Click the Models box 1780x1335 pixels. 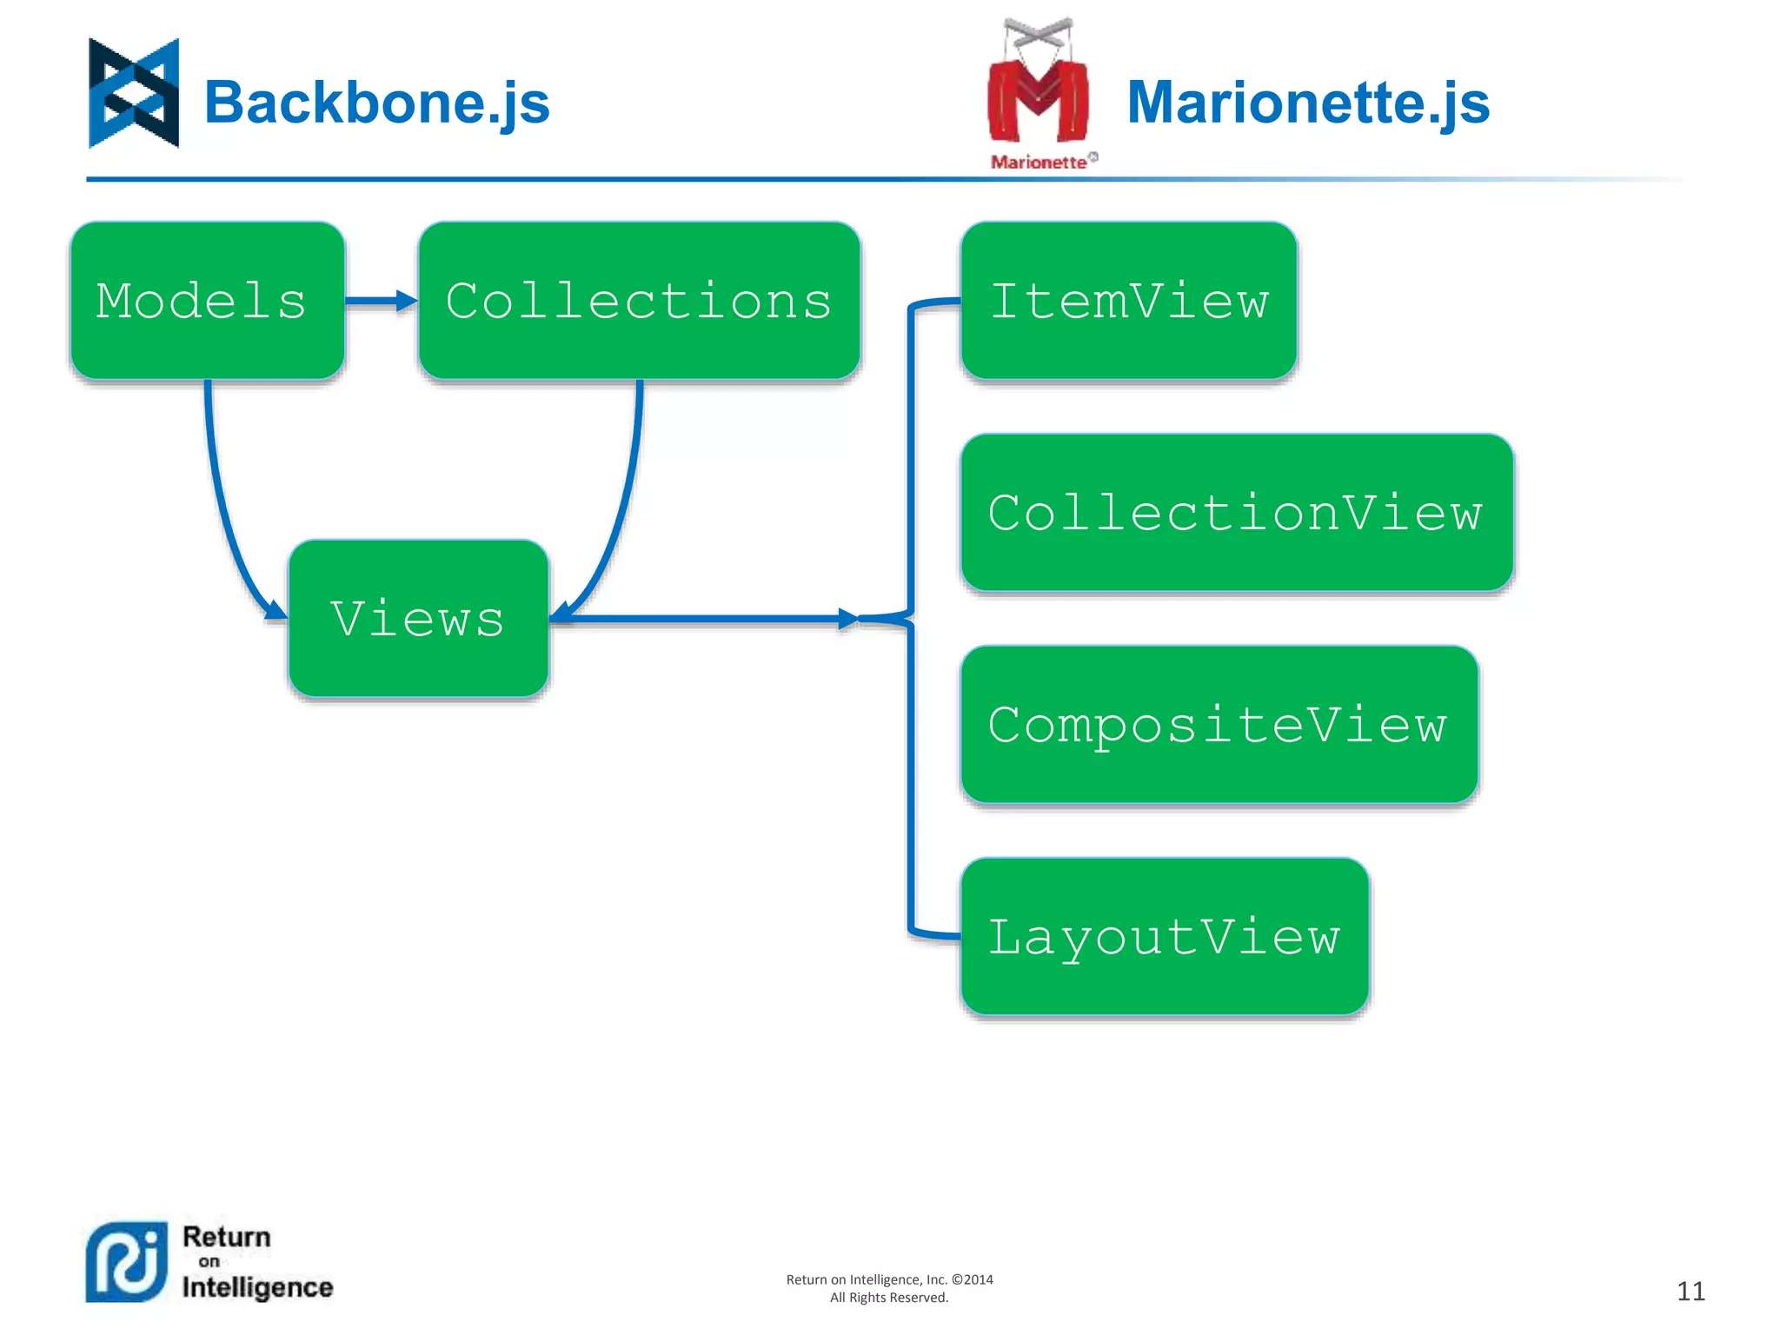pos(207,301)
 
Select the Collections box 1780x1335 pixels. pos(639,301)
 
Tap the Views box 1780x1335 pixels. pos(418,618)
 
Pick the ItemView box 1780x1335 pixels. pos(1128,301)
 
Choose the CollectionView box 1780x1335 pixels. pos(1236,513)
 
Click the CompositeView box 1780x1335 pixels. pos(1219,724)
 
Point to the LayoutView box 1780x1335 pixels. pos(1165,936)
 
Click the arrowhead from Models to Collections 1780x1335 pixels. pos(406,301)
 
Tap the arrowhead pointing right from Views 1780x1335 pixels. pos(847,619)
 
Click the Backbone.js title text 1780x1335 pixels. pos(377,103)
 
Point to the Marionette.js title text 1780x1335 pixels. pos(1308,103)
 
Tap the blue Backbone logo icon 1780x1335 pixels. pos(134,93)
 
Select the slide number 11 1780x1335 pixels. pos(1690,1291)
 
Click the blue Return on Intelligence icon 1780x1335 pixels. pos(127,1262)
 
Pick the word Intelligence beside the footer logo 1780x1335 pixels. pos(257,1287)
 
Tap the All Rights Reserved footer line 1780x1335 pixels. pos(888,1298)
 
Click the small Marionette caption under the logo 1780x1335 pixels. pos(1039,163)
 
